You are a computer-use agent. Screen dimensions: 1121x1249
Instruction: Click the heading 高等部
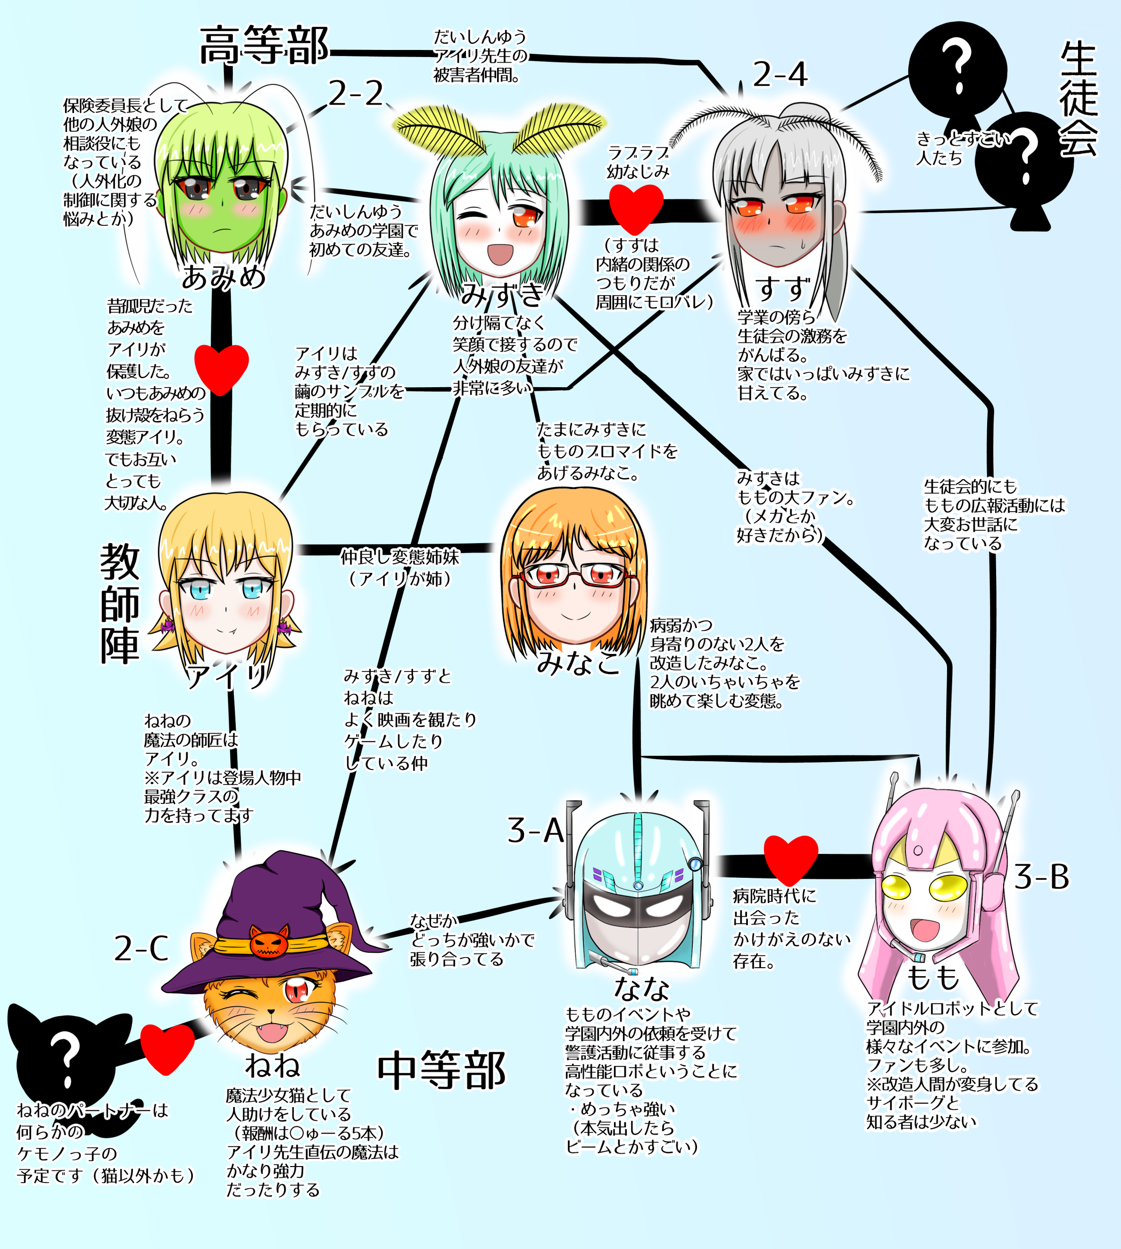click(x=264, y=45)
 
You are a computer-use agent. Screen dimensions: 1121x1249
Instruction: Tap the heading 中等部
click(x=441, y=1071)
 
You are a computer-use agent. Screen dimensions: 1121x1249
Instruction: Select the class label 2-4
click(x=780, y=75)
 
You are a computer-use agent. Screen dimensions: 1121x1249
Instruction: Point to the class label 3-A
click(x=535, y=831)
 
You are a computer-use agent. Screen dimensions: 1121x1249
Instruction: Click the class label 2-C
click(x=141, y=948)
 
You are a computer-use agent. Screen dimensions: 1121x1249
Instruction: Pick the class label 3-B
click(x=1042, y=876)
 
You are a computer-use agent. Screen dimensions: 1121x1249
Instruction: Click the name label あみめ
click(x=223, y=277)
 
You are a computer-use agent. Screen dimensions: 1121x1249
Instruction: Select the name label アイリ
click(x=227, y=677)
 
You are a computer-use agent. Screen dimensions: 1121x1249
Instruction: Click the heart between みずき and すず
click(x=636, y=209)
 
